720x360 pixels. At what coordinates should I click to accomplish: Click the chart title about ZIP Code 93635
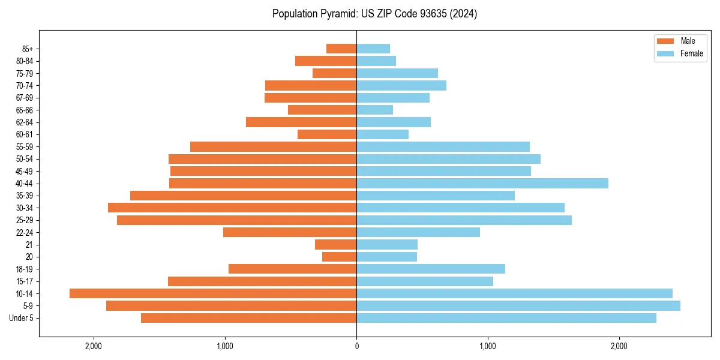pyautogui.click(x=374, y=14)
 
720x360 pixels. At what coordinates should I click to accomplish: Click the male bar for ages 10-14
pyautogui.click(x=213, y=293)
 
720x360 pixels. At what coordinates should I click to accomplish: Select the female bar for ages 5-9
pyautogui.click(x=518, y=305)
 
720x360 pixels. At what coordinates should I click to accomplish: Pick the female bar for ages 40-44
pyautogui.click(x=482, y=183)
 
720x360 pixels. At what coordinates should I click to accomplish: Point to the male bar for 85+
pyautogui.click(x=341, y=49)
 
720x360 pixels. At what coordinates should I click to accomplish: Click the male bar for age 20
pyautogui.click(x=340, y=257)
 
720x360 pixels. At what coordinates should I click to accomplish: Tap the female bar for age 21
pyautogui.click(x=387, y=244)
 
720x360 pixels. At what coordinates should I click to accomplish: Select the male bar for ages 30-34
pyautogui.click(x=232, y=208)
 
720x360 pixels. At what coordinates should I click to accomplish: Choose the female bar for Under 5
pyautogui.click(x=506, y=318)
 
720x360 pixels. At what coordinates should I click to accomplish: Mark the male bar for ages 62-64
pyautogui.click(x=301, y=122)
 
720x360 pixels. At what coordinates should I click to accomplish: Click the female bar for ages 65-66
pyautogui.click(x=375, y=110)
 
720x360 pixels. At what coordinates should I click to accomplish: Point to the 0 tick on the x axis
pyautogui.click(x=356, y=346)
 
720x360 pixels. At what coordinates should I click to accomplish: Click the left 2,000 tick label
pyautogui.click(x=94, y=346)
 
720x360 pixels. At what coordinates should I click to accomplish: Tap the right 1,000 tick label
pyautogui.click(x=488, y=346)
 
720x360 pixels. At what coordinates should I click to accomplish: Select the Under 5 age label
pyautogui.click(x=22, y=318)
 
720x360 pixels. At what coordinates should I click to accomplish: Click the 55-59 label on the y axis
pyautogui.click(x=25, y=146)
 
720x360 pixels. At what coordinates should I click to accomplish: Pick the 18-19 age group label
pyautogui.click(x=25, y=269)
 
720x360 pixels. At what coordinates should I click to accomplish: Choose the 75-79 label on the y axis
pyautogui.click(x=25, y=73)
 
